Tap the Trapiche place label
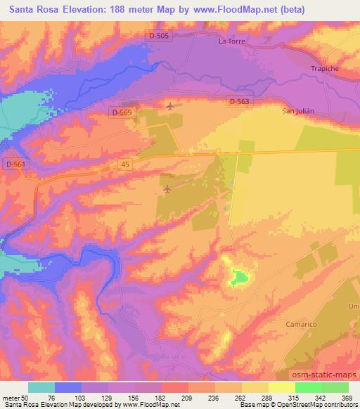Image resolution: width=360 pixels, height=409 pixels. (x=324, y=68)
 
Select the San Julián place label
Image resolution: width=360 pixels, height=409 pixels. (x=297, y=112)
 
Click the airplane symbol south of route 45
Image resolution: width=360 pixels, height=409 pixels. (x=167, y=189)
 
